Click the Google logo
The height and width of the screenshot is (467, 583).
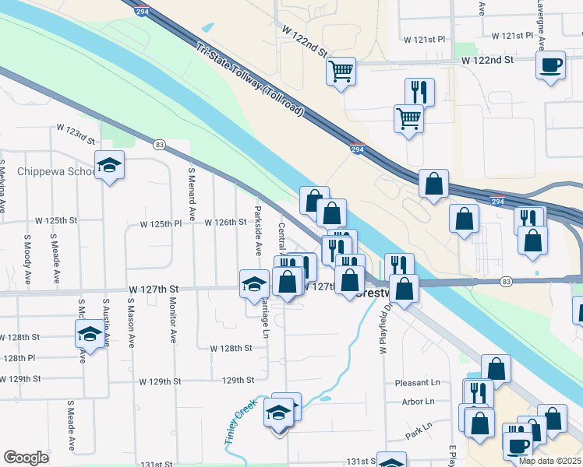coord(26,458)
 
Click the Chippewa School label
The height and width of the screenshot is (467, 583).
coord(48,171)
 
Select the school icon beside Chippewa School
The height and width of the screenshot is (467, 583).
coord(109,165)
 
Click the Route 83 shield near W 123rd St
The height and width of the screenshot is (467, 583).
coord(160,145)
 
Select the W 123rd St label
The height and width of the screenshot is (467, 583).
coord(75,134)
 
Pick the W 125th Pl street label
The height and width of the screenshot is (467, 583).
coord(161,223)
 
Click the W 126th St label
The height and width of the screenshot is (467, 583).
coord(225,223)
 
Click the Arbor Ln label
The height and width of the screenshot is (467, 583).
coord(419,402)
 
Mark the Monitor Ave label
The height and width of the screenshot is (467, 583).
coord(172,322)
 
